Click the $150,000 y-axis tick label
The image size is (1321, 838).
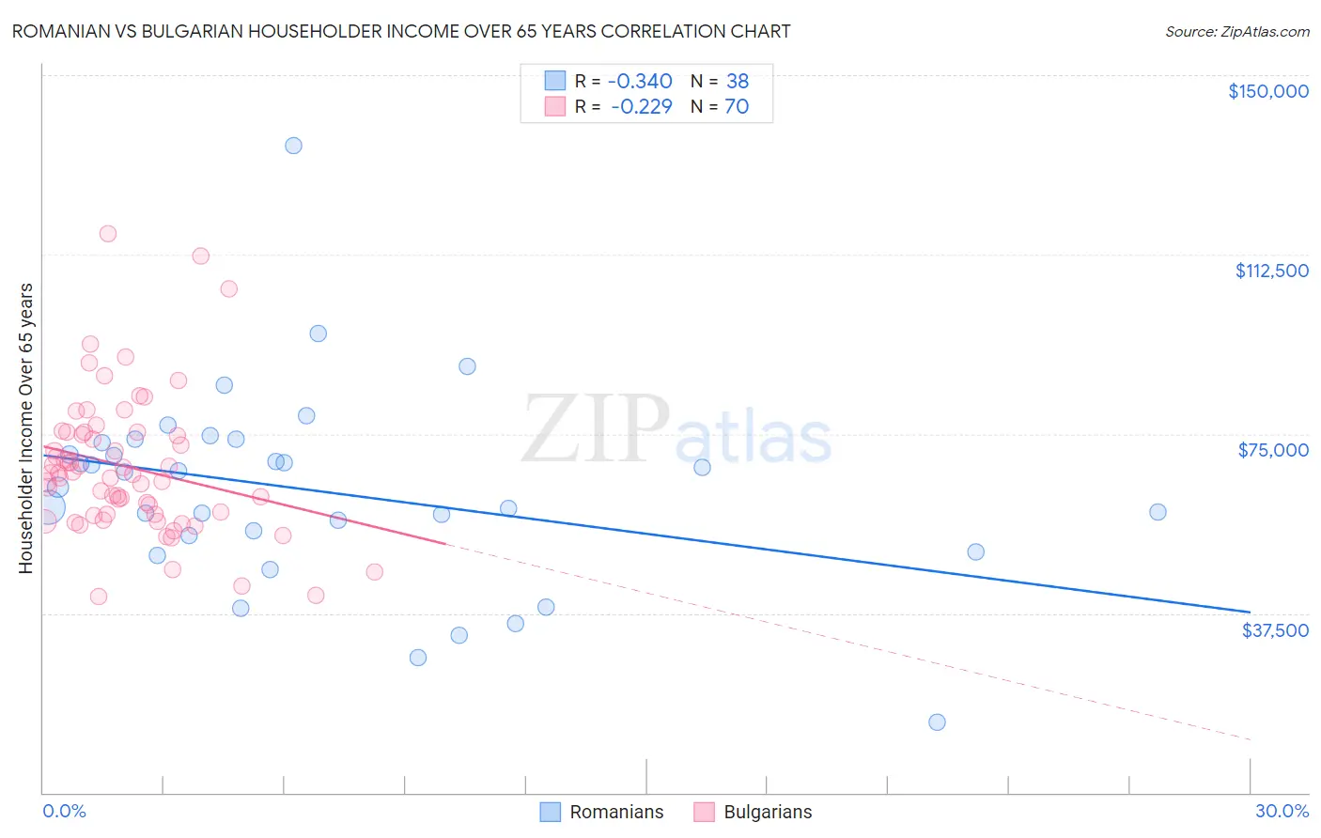coord(1267,91)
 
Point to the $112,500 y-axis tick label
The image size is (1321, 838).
coord(1271,271)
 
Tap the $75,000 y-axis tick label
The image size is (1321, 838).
coord(1273,450)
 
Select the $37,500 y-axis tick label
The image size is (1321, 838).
coord(1275,630)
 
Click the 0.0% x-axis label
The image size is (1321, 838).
coord(64,811)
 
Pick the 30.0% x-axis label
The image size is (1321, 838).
coord(1282,811)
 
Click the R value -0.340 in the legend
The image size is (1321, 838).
coord(640,81)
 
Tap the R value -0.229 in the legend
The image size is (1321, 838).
coord(641,107)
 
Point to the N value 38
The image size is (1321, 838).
coord(737,81)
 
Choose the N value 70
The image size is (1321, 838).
coord(737,107)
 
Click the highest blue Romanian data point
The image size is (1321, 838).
coord(293,146)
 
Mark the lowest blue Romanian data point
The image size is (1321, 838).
coord(937,722)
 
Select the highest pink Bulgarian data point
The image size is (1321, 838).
coord(108,234)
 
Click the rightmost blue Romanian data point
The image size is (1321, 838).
coord(1158,512)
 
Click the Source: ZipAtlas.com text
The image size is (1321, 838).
coord(1236,32)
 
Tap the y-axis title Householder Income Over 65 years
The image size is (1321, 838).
coord(26,428)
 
